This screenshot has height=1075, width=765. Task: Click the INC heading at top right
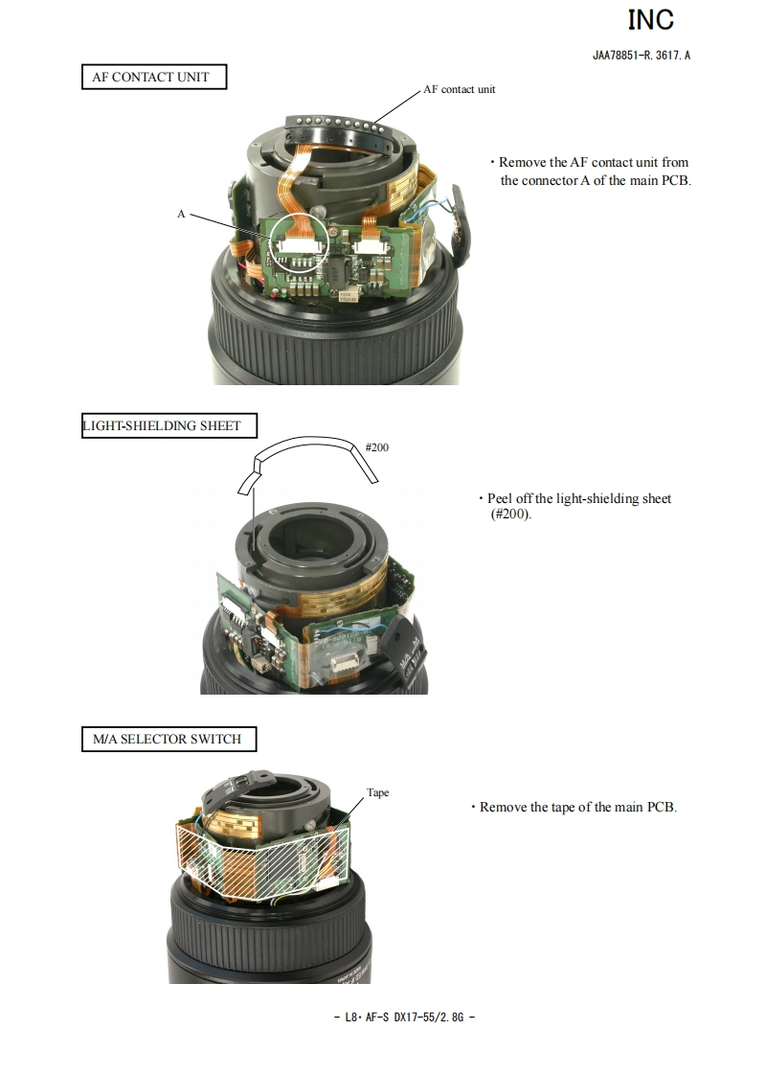pos(650,19)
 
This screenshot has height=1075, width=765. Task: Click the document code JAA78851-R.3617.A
pos(641,55)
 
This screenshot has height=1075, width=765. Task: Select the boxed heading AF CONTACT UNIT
pos(153,77)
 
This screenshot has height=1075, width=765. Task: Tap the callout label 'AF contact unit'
pos(460,89)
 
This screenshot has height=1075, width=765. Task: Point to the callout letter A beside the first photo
pos(181,214)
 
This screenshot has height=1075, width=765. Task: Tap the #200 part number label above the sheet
pos(377,446)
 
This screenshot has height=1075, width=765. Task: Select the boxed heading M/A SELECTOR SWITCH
pos(168,739)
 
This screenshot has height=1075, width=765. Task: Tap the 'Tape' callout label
pos(378,792)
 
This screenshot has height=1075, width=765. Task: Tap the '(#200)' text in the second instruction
pos(509,515)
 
